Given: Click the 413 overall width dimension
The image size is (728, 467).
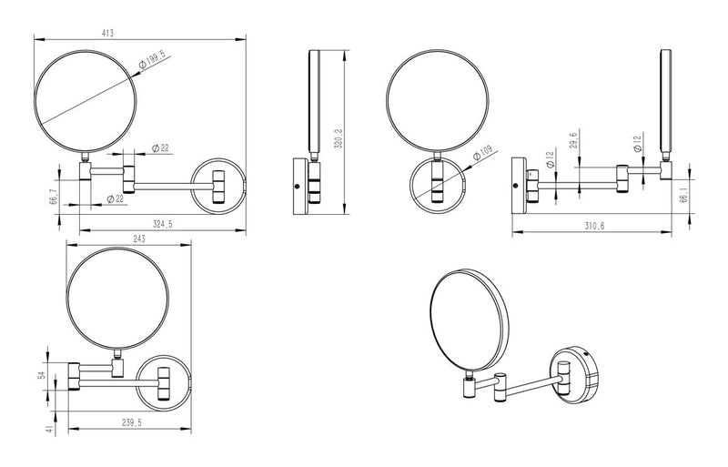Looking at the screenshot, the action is [107, 33].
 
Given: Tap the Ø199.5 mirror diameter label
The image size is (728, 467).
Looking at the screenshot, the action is [152, 61].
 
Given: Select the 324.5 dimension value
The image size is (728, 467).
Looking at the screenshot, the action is [163, 224].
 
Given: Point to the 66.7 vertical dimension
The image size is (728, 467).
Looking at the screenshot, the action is [54, 197].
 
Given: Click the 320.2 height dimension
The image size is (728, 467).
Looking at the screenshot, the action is [339, 138].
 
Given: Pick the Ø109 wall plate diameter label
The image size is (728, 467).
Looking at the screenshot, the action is [482, 153].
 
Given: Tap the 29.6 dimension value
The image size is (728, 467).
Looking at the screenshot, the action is [573, 140].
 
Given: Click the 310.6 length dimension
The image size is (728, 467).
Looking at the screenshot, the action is [595, 226].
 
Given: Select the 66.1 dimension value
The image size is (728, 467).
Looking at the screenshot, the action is [682, 198].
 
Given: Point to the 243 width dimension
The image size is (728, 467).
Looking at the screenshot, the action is [139, 239].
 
